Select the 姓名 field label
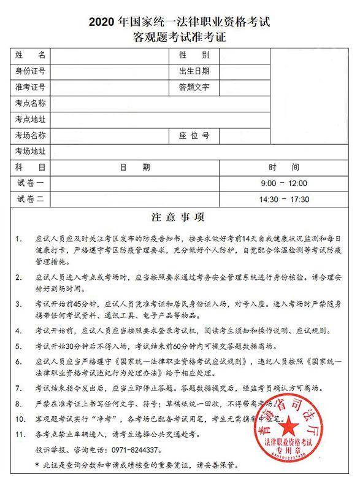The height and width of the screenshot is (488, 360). point(31,56)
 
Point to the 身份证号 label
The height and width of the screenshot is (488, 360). point(31,72)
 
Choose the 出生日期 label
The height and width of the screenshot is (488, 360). point(194,72)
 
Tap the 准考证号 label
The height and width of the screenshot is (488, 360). point(31,88)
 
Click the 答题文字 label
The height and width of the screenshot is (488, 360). point(194,88)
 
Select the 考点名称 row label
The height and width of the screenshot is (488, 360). point(31,103)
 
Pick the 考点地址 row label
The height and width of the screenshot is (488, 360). point(31,119)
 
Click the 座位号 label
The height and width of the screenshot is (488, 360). point(194,135)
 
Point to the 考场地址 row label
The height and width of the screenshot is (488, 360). point(31,151)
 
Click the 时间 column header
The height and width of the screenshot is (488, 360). point(283,167)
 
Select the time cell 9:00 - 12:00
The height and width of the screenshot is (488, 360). point(283,183)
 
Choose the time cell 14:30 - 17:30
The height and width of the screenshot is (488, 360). point(283,199)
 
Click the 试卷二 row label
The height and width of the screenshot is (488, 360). point(31,199)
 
